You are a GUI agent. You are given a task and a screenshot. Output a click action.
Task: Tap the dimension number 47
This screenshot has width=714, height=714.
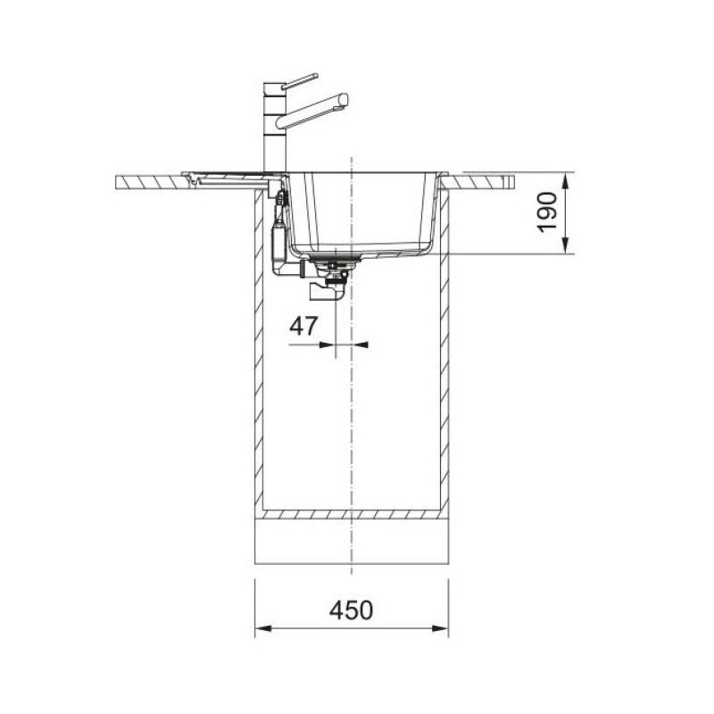click(303, 326)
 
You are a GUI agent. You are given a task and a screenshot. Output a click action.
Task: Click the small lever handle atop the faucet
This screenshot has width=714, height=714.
click(300, 81)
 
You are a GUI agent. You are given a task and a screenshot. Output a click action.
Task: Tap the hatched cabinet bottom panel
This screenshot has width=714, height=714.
click(352, 515)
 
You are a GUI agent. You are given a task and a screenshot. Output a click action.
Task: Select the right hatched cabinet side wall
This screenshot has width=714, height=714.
click(444, 357)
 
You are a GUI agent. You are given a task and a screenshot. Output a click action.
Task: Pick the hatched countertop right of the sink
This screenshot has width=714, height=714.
click(482, 181)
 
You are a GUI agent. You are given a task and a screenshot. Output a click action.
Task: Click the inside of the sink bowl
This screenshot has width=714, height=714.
click(366, 210)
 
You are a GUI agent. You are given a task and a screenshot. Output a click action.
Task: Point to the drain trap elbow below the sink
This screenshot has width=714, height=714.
click(326, 290)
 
